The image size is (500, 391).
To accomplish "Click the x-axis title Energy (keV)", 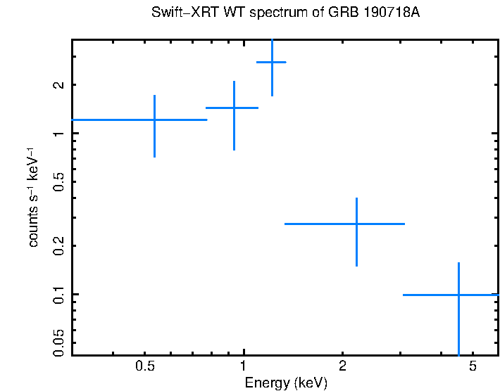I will (x=285, y=383).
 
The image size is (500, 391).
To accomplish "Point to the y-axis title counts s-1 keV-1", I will (x=33, y=197).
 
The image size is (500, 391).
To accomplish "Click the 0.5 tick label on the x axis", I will (x=145, y=366).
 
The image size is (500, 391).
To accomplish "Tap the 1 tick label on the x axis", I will (x=244, y=366).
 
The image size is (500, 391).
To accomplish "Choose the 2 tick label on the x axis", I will (x=342, y=366).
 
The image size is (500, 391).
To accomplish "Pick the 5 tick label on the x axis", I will (x=473, y=366).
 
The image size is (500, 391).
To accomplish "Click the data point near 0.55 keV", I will (x=154, y=120).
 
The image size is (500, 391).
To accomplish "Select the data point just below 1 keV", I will (x=234, y=108).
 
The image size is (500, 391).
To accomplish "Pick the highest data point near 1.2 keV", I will (x=272, y=63).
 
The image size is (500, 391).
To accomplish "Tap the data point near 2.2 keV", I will (x=357, y=224).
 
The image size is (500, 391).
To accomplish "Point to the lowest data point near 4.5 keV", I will (x=458, y=295).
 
